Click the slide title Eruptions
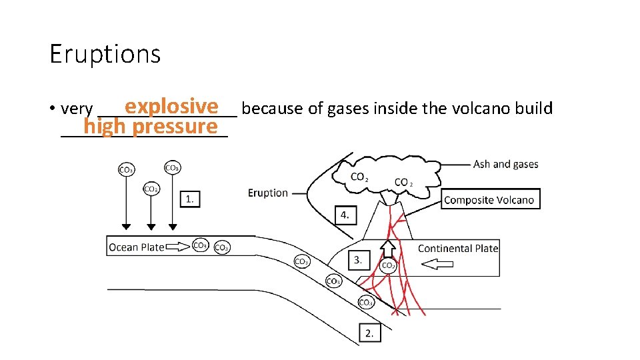(105, 54)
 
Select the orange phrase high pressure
(151, 127)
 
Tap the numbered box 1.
(190, 198)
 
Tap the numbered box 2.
(369, 333)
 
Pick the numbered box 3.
(359, 260)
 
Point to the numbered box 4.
(344, 215)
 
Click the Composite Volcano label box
(489, 199)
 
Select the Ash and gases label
(505, 164)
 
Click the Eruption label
(268, 193)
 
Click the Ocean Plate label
(136, 247)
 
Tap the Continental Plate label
(458, 248)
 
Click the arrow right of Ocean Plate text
(177, 247)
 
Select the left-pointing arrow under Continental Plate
(437, 265)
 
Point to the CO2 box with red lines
(388, 266)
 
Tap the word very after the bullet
(76, 109)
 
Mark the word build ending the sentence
(534, 108)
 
